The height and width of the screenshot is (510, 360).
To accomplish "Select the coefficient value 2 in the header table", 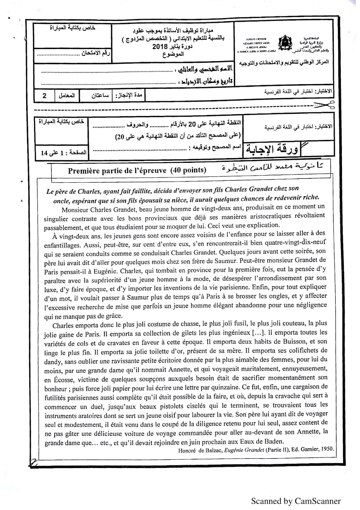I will [44, 96].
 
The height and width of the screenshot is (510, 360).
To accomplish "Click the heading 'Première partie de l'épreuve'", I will [117, 170].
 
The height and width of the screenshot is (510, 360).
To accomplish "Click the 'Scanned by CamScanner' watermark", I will [296, 501].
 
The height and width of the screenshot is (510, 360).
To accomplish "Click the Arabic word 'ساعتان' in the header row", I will [96, 96].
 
